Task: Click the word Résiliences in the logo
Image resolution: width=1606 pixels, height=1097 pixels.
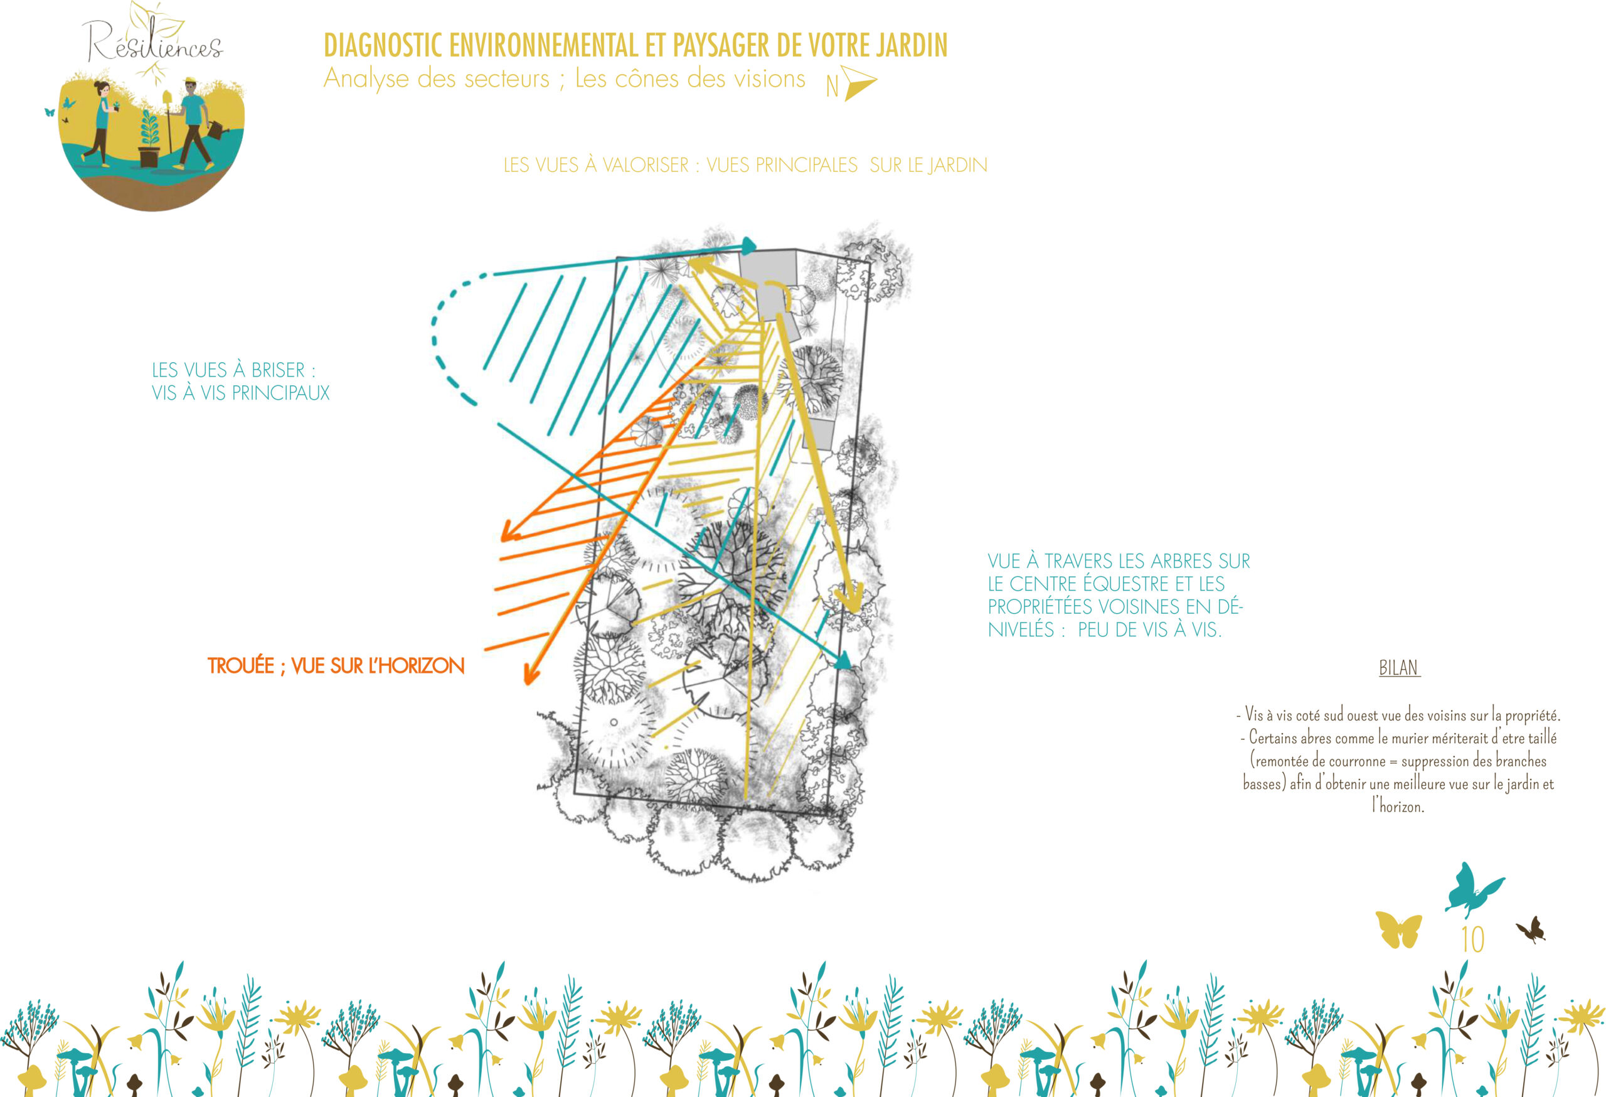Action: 152,43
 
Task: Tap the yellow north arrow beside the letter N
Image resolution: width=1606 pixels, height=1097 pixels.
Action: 859,83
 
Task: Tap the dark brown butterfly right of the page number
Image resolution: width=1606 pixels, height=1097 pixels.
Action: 1532,929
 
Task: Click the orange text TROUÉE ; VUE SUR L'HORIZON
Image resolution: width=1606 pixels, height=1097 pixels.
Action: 336,666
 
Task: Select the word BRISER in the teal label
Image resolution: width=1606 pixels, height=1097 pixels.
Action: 278,370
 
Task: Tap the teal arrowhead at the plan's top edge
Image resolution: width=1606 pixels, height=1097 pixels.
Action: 748,244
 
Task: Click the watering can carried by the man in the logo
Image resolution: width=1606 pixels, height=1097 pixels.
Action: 217,129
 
